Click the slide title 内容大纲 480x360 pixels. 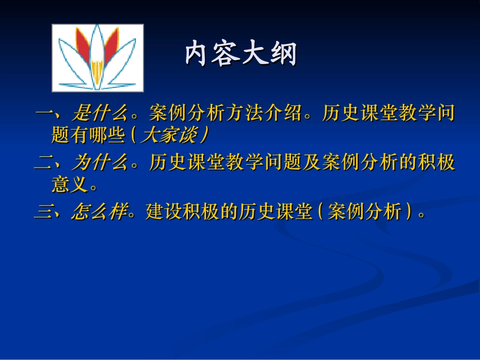241,54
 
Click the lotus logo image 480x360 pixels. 98,58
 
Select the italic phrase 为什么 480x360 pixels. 100,163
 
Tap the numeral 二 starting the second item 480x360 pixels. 43,163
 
